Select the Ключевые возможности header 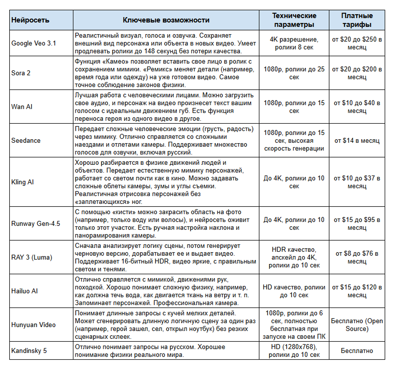(166, 20)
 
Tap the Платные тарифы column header (357, 20)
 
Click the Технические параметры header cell (294, 20)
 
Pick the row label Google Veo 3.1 (34, 43)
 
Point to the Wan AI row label (22, 107)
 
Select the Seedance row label (26, 140)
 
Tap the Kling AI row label (23, 182)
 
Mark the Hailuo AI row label (24, 291)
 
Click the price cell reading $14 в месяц (357, 140)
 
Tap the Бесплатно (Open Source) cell (357, 325)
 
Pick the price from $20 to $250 (357, 43)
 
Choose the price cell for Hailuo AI (357, 291)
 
